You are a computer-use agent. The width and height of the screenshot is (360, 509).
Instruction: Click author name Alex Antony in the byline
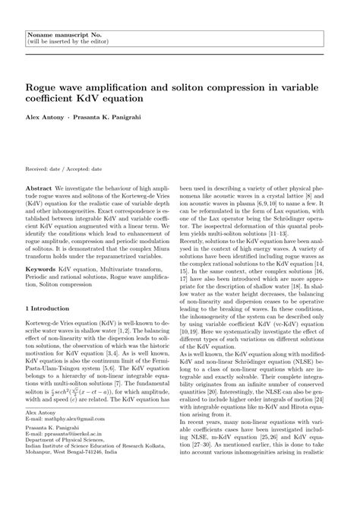point(44,119)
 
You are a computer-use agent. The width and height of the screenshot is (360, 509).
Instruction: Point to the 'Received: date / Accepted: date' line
point(64,169)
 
